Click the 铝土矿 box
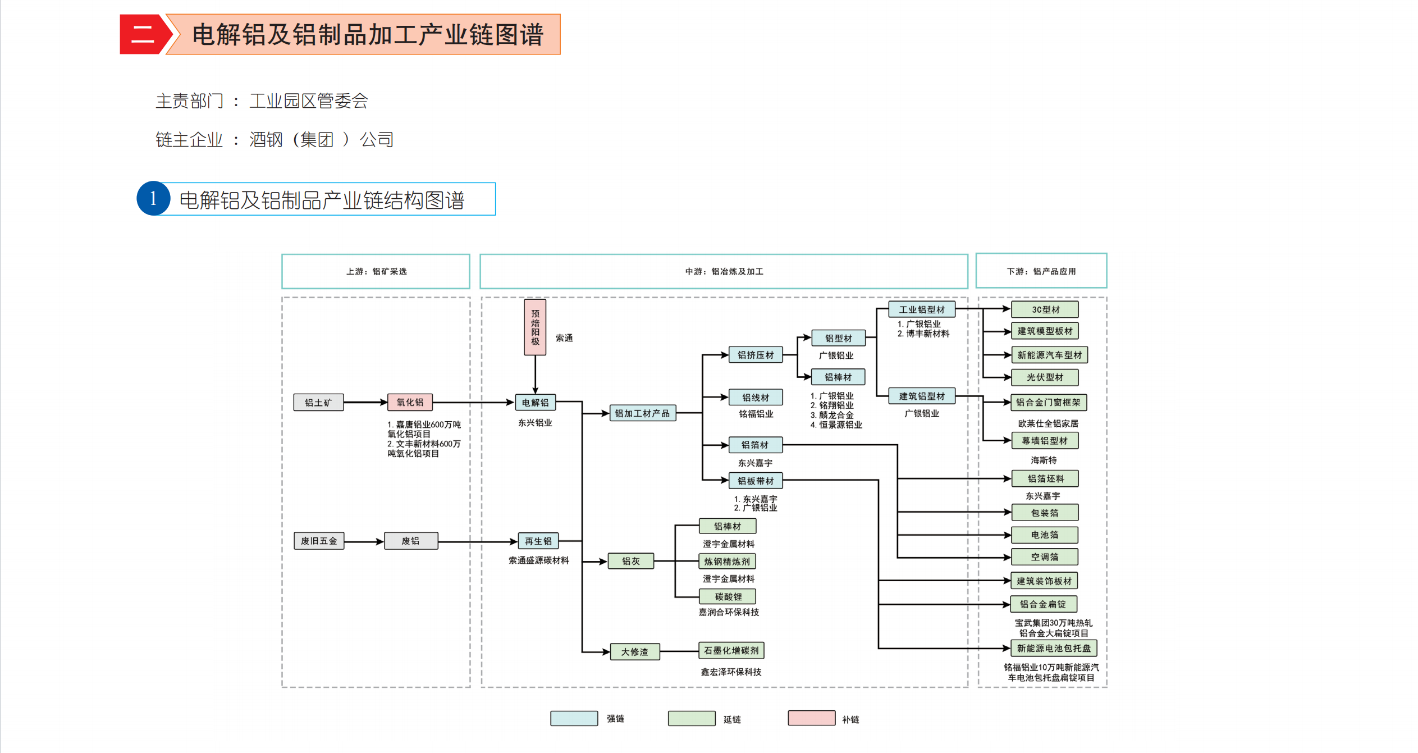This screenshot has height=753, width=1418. click(x=318, y=403)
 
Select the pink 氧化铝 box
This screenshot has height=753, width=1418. click(x=410, y=402)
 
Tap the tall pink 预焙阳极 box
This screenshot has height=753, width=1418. click(x=535, y=327)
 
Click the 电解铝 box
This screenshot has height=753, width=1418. click(x=535, y=403)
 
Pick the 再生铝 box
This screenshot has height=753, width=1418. click(x=538, y=541)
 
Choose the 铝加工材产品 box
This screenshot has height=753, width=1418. click(x=642, y=413)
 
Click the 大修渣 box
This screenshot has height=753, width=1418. click(x=634, y=652)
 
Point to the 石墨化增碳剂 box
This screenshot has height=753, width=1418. click(x=731, y=651)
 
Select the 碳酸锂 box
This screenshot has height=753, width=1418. click(x=728, y=597)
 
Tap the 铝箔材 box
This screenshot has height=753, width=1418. click(x=755, y=445)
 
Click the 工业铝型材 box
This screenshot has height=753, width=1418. click(x=922, y=309)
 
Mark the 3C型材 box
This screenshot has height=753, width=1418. click(x=1045, y=309)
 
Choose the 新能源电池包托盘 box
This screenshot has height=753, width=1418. click(x=1054, y=649)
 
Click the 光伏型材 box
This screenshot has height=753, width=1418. click(x=1045, y=377)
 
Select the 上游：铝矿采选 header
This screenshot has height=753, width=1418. click(x=376, y=271)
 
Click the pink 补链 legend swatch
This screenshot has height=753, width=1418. click(x=811, y=718)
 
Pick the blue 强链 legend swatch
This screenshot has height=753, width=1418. click(x=574, y=718)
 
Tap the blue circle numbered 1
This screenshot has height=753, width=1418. click(x=153, y=199)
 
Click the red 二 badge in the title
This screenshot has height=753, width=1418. click(x=143, y=34)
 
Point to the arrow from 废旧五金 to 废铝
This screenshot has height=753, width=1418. click(x=364, y=542)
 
